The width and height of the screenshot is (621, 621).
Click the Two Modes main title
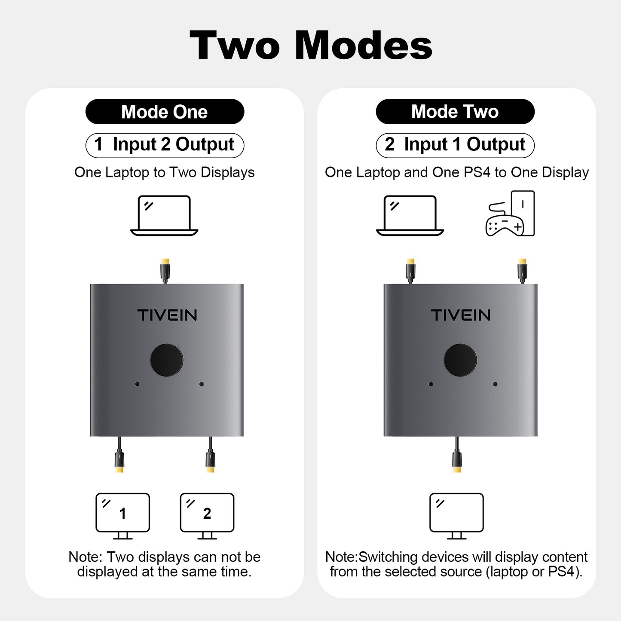pyautogui.click(x=311, y=46)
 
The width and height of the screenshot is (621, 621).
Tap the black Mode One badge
pyautogui.click(x=165, y=112)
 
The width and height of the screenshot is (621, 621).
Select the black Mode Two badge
pyautogui.click(x=455, y=112)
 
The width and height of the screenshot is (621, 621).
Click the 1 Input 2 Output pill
pyautogui.click(x=165, y=145)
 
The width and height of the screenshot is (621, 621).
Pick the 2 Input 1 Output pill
pyautogui.click(x=455, y=145)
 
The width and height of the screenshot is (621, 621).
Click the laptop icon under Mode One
pyautogui.click(x=164, y=216)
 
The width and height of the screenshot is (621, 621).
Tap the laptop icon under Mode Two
pyautogui.click(x=410, y=216)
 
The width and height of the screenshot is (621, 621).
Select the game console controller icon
pyautogui.click(x=510, y=214)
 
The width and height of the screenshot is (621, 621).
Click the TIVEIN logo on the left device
pyautogui.click(x=167, y=315)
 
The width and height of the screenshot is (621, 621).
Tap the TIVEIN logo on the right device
pyautogui.click(x=461, y=315)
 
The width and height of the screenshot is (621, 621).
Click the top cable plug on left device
pyautogui.click(x=165, y=270)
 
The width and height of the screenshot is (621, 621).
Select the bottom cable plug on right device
pyautogui.click(x=457, y=459)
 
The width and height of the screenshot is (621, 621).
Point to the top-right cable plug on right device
pyautogui.click(x=522, y=270)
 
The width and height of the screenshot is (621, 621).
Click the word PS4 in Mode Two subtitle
pyautogui.click(x=477, y=172)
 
